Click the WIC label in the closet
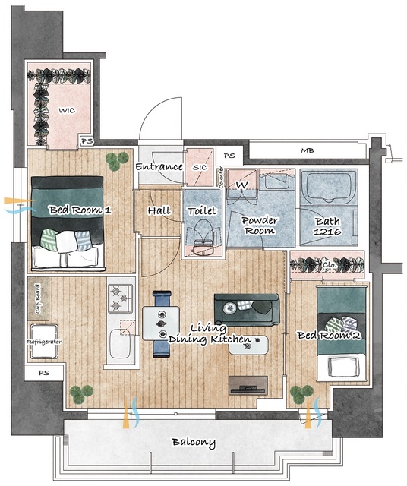[x=67, y=110]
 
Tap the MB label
[x=308, y=150]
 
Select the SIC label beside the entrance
[x=200, y=167]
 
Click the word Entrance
[x=159, y=167]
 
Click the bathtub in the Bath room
[x=328, y=187]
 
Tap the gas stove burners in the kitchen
[x=120, y=298]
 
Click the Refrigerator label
[x=44, y=342]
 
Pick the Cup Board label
[x=38, y=298]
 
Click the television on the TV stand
[x=248, y=388]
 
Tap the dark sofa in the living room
[x=247, y=310]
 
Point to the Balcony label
[x=194, y=442]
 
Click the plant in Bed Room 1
[x=117, y=160]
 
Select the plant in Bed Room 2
[x=301, y=394]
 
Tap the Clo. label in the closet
[x=330, y=265]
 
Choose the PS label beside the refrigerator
[x=44, y=373]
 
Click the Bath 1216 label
[x=327, y=226]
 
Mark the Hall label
[x=159, y=211]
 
